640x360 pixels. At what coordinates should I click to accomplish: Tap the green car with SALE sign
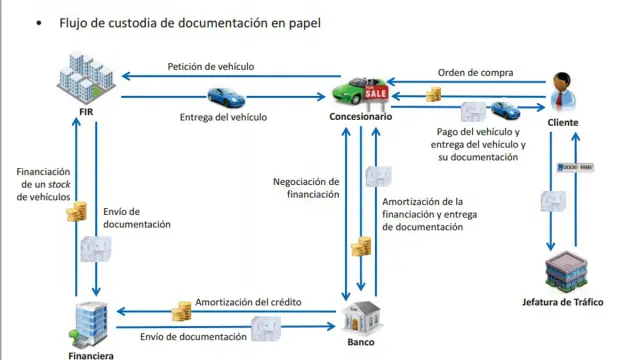tap(361, 91)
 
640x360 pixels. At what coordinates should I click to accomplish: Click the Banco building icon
tap(360, 318)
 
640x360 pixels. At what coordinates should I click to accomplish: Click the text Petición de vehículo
tap(210, 67)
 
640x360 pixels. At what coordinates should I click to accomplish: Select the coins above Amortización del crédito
tap(182, 310)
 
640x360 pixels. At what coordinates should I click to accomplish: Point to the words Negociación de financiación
tap(306, 188)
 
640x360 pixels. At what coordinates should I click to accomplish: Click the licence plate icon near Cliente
tap(584, 166)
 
